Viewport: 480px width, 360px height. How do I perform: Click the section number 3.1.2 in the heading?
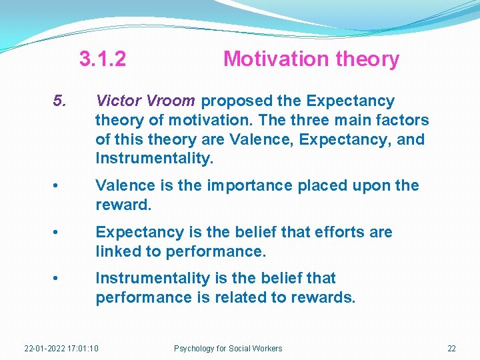[x=102, y=59]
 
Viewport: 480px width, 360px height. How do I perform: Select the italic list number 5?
[x=60, y=101]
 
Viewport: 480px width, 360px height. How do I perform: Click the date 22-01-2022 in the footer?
[x=44, y=349]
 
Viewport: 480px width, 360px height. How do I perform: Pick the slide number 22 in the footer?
[x=451, y=349]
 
